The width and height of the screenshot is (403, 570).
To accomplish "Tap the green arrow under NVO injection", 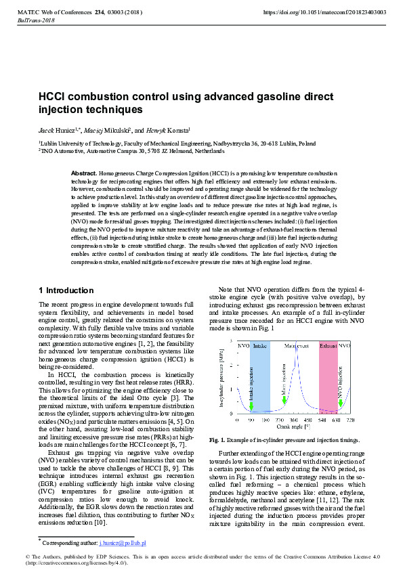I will tap(341, 404).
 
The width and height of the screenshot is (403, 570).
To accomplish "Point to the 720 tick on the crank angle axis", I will tap(349, 419).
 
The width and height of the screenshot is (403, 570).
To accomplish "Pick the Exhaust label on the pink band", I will tap(328, 346).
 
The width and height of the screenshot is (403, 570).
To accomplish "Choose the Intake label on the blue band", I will tap(260, 346).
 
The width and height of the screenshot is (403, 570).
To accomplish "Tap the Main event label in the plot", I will tap(296, 346).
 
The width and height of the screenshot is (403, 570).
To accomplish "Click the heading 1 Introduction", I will tap(66, 290).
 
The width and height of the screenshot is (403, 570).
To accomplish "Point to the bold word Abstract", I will tap(84, 174).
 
